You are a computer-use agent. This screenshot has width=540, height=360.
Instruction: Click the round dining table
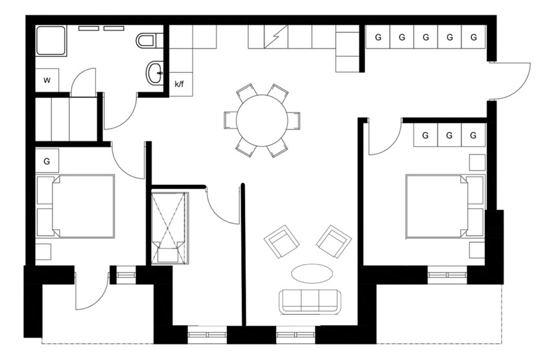coord(262,120)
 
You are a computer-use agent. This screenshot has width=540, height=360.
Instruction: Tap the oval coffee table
coord(312,274)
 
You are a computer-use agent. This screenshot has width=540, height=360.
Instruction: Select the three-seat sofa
coord(311,302)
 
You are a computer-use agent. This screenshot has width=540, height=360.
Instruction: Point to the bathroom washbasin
coord(155,73)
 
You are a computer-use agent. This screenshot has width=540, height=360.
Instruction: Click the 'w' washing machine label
coord(47,80)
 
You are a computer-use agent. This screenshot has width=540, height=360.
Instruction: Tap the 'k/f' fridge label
coord(179,84)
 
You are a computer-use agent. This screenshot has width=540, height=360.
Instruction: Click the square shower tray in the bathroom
coord(51,41)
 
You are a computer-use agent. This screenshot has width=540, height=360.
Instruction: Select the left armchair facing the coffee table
coord(281,241)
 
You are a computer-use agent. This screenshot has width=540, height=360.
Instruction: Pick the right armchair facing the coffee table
coord(334,241)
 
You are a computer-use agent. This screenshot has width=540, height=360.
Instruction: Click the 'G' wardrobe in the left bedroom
coord(47,160)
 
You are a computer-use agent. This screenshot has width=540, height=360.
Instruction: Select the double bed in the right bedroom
coord(445,206)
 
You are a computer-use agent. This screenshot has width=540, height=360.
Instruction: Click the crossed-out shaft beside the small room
coord(169,228)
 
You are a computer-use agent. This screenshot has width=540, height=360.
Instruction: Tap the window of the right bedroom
coord(447,274)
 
